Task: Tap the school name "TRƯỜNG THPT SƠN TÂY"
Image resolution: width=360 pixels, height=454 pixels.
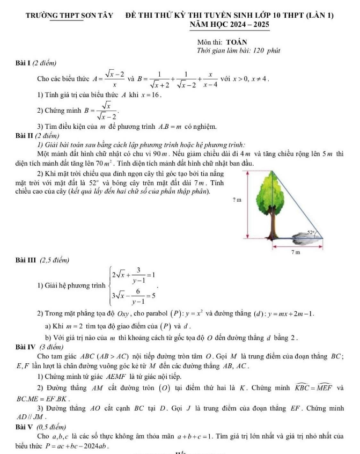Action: (69, 15)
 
